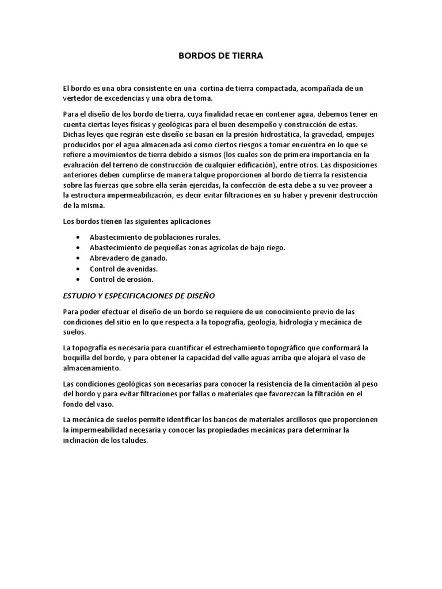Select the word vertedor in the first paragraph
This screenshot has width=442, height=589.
coord(78,98)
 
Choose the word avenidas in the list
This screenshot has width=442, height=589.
coord(139,269)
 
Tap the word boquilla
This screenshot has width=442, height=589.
coord(78,358)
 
